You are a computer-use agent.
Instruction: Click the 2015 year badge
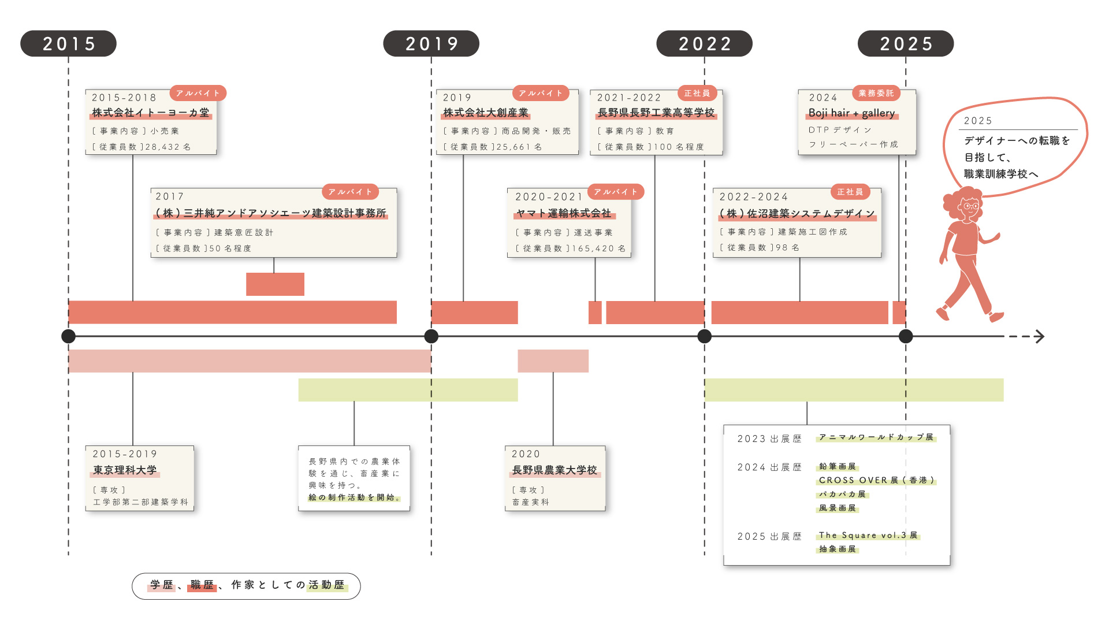pyautogui.click(x=68, y=44)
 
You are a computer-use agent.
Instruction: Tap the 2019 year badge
pyautogui.click(x=431, y=44)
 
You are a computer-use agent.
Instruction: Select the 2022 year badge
pyautogui.click(x=704, y=44)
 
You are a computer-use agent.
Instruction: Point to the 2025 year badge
pyautogui.click(x=905, y=44)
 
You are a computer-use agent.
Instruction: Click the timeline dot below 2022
pyautogui.click(x=704, y=336)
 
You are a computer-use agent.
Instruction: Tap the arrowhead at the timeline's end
pyautogui.click(x=1040, y=336)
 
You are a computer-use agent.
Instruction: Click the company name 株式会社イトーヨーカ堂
pyautogui.click(x=151, y=113)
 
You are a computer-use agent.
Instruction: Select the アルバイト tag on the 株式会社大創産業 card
pyautogui.click(x=541, y=93)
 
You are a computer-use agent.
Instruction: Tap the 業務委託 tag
pyautogui.click(x=876, y=93)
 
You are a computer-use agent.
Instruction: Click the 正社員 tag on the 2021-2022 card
pyautogui.click(x=697, y=93)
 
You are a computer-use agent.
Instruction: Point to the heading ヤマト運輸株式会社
pyautogui.click(x=564, y=214)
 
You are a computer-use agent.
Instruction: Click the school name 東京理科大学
pyautogui.click(x=125, y=470)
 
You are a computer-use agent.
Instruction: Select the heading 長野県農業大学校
pyautogui.click(x=554, y=470)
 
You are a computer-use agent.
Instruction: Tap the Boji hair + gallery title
pyautogui.click(x=851, y=113)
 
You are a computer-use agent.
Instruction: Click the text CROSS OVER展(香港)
pyautogui.click(x=876, y=480)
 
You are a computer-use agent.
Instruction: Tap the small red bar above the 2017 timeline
pyautogui.click(x=275, y=284)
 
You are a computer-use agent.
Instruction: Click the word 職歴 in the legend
pyautogui.click(x=202, y=585)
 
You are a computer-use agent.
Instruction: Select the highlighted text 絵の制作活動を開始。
pyautogui.click(x=354, y=497)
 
